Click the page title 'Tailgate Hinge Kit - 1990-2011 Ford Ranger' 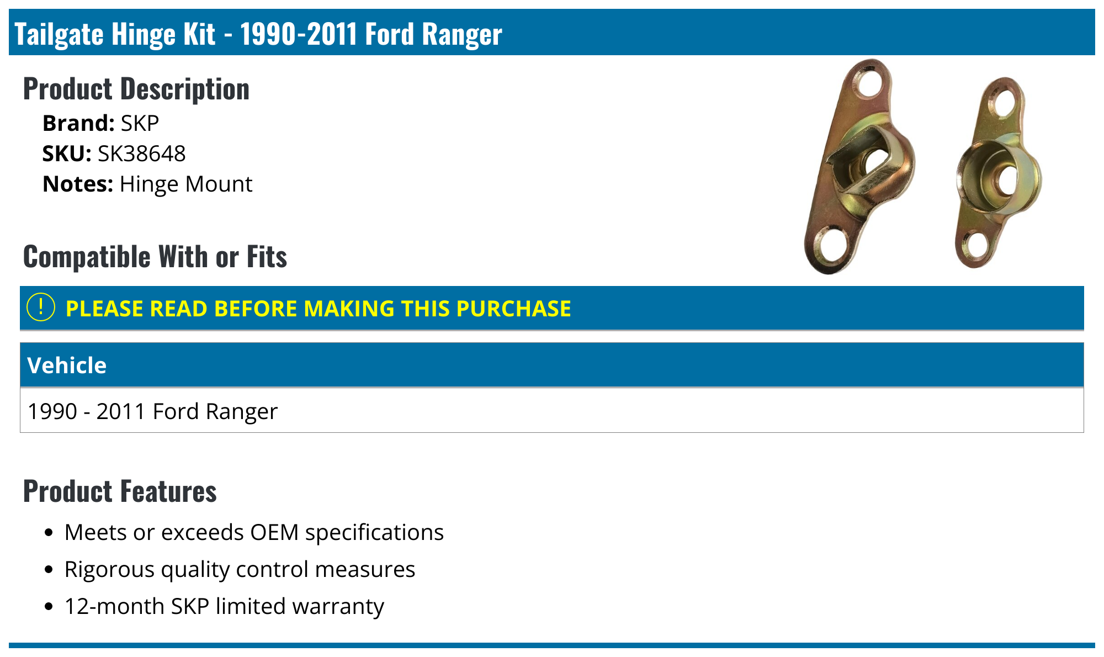[258, 34]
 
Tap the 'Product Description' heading [136, 89]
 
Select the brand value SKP [140, 123]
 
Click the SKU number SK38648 [141, 153]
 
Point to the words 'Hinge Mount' [186, 184]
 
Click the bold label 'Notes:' [78, 184]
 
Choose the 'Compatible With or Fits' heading [155, 257]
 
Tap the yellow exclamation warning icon [41, 308]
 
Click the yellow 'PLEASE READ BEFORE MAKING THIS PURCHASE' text [318, 309]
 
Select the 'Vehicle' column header [67, 365]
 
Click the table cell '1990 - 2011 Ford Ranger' [152, 411]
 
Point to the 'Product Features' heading [120, 491]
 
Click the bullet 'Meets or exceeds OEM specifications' [254, 532]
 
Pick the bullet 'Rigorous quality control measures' [240, 569]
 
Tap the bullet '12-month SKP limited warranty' [224, 606]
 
